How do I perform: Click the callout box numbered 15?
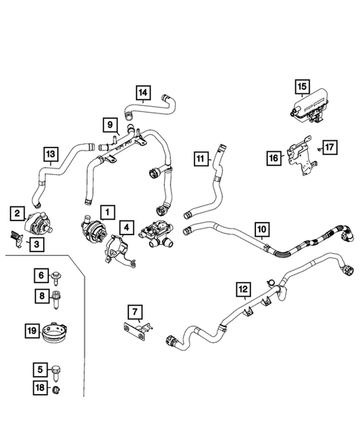302,87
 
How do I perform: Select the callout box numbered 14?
143,93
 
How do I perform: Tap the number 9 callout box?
108,124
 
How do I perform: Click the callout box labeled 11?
200,157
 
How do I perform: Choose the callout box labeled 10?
261,229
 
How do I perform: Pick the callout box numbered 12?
243,286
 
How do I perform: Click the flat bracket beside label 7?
137,332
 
